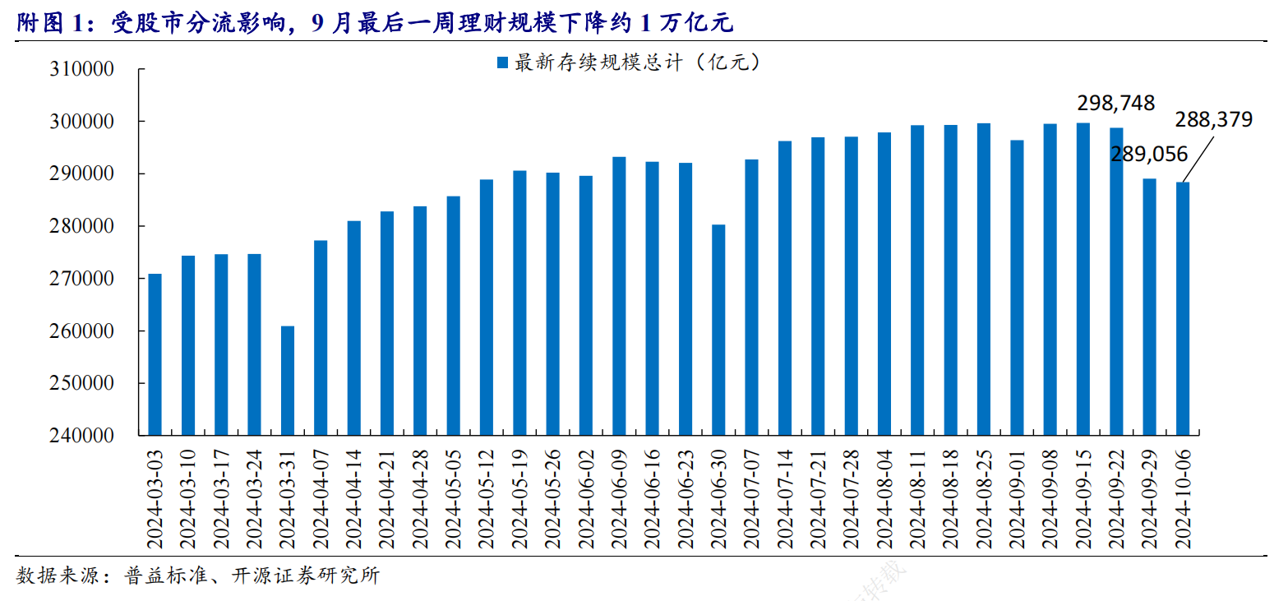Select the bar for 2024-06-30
click(718, 330)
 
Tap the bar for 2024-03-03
click(155, 354)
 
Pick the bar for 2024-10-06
click(1182, 308)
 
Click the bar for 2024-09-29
click(1149, 307)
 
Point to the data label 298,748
click(1115, 104)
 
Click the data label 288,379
click(1213, 120)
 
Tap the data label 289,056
click(1149, 154)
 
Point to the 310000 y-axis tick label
click(81, 69)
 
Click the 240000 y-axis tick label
click(81, 436)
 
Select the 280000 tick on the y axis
click(81, 226)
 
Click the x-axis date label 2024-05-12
click(486, 498)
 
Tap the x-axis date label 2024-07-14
click(784, 498)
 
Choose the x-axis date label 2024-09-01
click(1016, 498)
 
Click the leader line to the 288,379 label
click(1199, 157)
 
